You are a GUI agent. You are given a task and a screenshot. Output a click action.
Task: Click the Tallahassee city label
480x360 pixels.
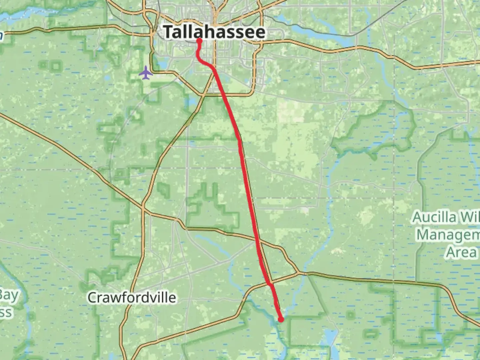tap(215, 32)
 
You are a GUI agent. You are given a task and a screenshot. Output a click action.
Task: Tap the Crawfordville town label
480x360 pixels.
tap(132, 297)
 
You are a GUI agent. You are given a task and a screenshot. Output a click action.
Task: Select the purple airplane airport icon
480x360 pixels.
tap(146, 73)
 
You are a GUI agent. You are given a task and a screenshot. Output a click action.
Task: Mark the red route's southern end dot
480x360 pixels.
tap(281, 320)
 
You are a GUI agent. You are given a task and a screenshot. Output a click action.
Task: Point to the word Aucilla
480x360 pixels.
tap(434, 217)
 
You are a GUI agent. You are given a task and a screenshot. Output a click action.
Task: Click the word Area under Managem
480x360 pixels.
tap(461, 252)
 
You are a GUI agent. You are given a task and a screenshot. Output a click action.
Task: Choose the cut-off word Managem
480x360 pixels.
tap(448, 235)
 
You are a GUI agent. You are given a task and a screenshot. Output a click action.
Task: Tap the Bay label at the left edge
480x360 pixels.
tap(9, 295)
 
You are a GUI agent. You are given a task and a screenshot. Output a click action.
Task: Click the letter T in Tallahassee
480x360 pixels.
tap(169, 32)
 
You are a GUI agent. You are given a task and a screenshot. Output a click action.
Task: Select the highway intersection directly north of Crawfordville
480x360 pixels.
tap(143, 209)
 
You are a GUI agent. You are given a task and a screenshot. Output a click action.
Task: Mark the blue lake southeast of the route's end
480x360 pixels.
tap(329, 337)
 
